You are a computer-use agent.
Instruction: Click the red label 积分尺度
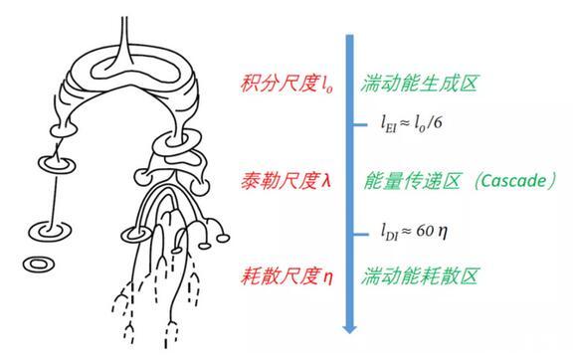(280, 84)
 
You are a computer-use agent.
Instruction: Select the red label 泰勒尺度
(280, 181)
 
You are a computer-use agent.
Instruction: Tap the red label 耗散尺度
(280, 275)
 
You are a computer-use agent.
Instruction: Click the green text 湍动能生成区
(419, 84)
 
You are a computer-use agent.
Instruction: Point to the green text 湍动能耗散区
(419, 275)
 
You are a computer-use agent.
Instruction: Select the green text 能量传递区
(411, 181)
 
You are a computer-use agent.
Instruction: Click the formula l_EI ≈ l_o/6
(411, 123)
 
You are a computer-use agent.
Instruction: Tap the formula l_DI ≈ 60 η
(414, 232)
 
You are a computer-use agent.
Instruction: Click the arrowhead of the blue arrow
(350, 328)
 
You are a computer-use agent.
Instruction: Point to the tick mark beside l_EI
(360, 125)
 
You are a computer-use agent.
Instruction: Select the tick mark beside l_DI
(361, 235)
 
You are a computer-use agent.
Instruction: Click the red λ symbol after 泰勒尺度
(326, 181)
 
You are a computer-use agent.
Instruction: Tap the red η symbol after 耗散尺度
(328, 278)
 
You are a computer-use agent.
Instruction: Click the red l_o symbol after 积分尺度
(327, 85)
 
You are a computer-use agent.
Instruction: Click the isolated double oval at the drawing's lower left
(39, 264)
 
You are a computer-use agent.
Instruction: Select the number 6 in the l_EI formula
(437, 122)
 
